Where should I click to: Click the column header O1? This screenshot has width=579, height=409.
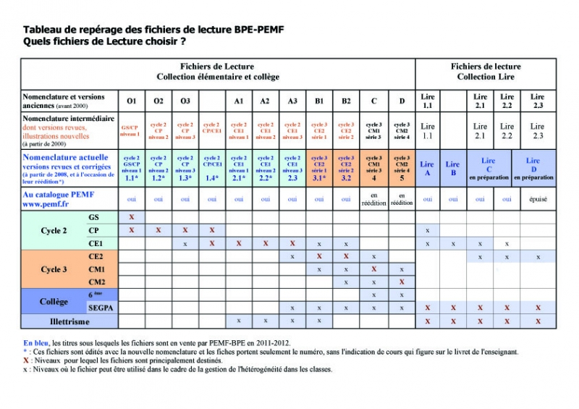tap(131, 101)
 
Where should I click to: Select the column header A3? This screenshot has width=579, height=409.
tap(292, 101)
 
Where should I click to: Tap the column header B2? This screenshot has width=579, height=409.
tap(346, 101)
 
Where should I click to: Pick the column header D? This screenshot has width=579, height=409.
tap(401, 101)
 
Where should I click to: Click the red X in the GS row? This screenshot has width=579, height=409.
tap(131, 217)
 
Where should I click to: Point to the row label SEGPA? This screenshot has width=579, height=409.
tap(94, 308)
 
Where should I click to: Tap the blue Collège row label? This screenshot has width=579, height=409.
tap(54, 301)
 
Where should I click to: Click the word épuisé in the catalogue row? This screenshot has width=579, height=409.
tap(537, 198)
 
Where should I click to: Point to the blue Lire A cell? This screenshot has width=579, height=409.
tap(427, 168)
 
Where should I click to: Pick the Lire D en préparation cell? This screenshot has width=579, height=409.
tap(533, 168)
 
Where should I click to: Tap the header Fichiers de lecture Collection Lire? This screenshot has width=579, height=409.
tap(486, 72)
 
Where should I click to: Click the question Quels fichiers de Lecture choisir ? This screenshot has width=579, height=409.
tap(104, 41)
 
